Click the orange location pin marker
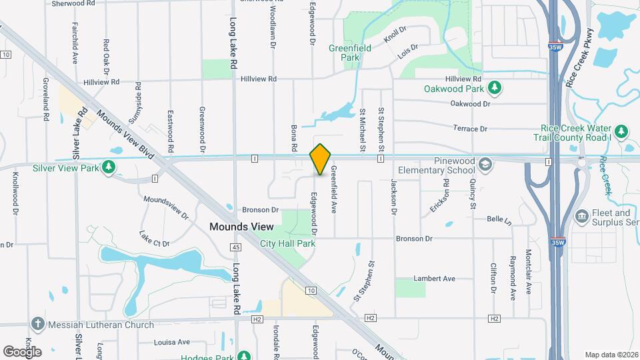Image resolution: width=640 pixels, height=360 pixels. [x=320, y=159]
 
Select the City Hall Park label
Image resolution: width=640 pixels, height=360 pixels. [x=287, y=244]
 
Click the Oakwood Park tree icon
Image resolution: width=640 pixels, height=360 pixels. [x=495, y=88]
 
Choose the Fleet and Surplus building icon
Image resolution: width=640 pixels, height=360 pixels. [x=581, y=217]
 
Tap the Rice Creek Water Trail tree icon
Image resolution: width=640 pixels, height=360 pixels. [x=621, y=131]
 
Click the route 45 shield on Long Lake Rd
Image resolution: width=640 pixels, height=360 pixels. [x=235, y=247]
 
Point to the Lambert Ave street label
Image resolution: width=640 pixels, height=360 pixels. [x=434, y=279]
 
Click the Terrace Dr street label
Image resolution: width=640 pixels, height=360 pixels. [x=470, y=128]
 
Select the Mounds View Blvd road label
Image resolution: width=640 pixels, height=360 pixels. [x=125, y=134]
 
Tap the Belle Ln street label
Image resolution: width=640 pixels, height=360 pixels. [x=499, y=219]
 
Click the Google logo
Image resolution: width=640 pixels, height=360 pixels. [x=23, y=351]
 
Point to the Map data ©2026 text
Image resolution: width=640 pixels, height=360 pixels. [x=610, y=355]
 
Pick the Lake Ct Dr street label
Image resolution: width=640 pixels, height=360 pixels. [x=154, y=239]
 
